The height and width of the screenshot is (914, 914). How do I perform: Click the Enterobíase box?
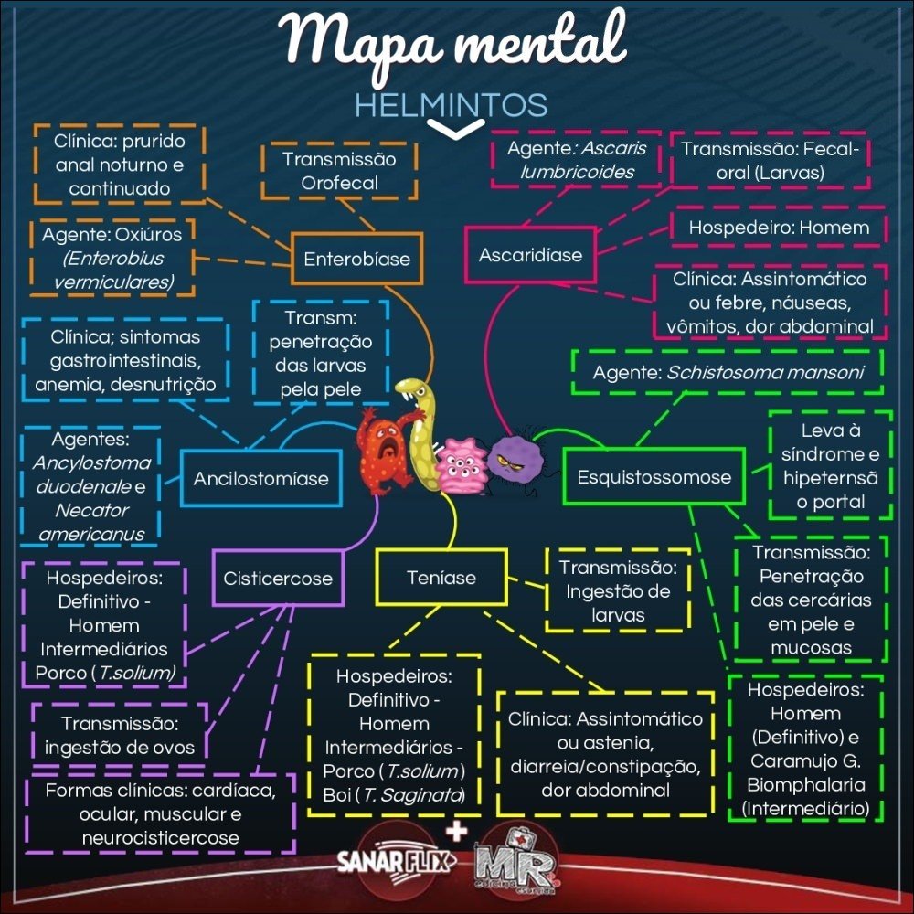tap(356, 259)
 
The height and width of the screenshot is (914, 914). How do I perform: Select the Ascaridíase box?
tap(530, 255)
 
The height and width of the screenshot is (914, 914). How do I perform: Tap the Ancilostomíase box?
tap(260, 477)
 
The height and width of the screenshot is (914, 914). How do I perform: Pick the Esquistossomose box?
tap(654, 476)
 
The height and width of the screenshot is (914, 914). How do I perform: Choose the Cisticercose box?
tap(278, 578)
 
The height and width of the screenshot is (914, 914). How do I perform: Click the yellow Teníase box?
tap(441, 578)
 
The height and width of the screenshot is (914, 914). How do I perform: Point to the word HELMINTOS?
tap(451, 104)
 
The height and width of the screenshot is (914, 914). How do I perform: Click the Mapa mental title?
tap(454, 41)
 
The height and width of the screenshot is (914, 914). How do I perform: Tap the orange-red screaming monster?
tap(385, 448)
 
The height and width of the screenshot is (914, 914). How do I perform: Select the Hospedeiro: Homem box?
tap(770, 227)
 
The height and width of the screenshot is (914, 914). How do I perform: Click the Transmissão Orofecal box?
tap(340, 171)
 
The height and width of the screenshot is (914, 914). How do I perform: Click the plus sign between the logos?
tap(454, 830)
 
